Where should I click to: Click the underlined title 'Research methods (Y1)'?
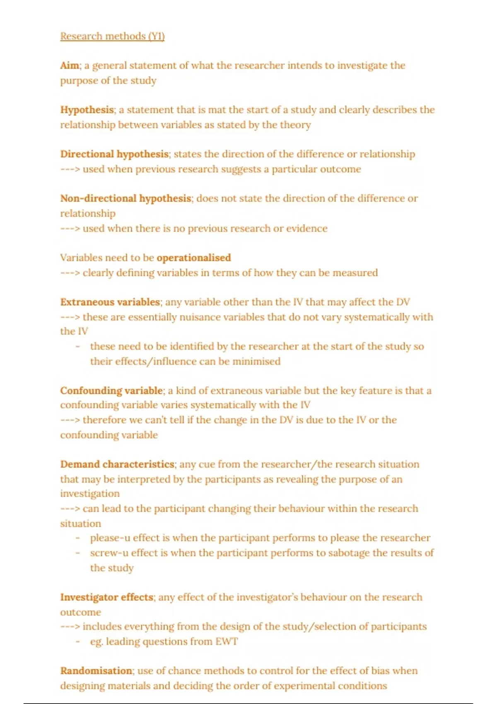(112, 36)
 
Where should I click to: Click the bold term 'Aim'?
(70, 65)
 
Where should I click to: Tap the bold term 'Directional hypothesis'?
(114, 154)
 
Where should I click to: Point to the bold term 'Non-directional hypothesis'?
(125, 198)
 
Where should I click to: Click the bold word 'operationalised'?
(193, 258)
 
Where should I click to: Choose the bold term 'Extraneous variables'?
(110, 302)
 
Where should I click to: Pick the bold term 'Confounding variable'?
(111, 391)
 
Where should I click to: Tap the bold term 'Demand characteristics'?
(117, 464)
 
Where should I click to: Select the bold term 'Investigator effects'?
(107, 597)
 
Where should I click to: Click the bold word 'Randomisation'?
(96, 671)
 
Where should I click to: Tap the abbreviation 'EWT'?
(227, 641)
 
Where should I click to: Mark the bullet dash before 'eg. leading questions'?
(77, 641)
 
